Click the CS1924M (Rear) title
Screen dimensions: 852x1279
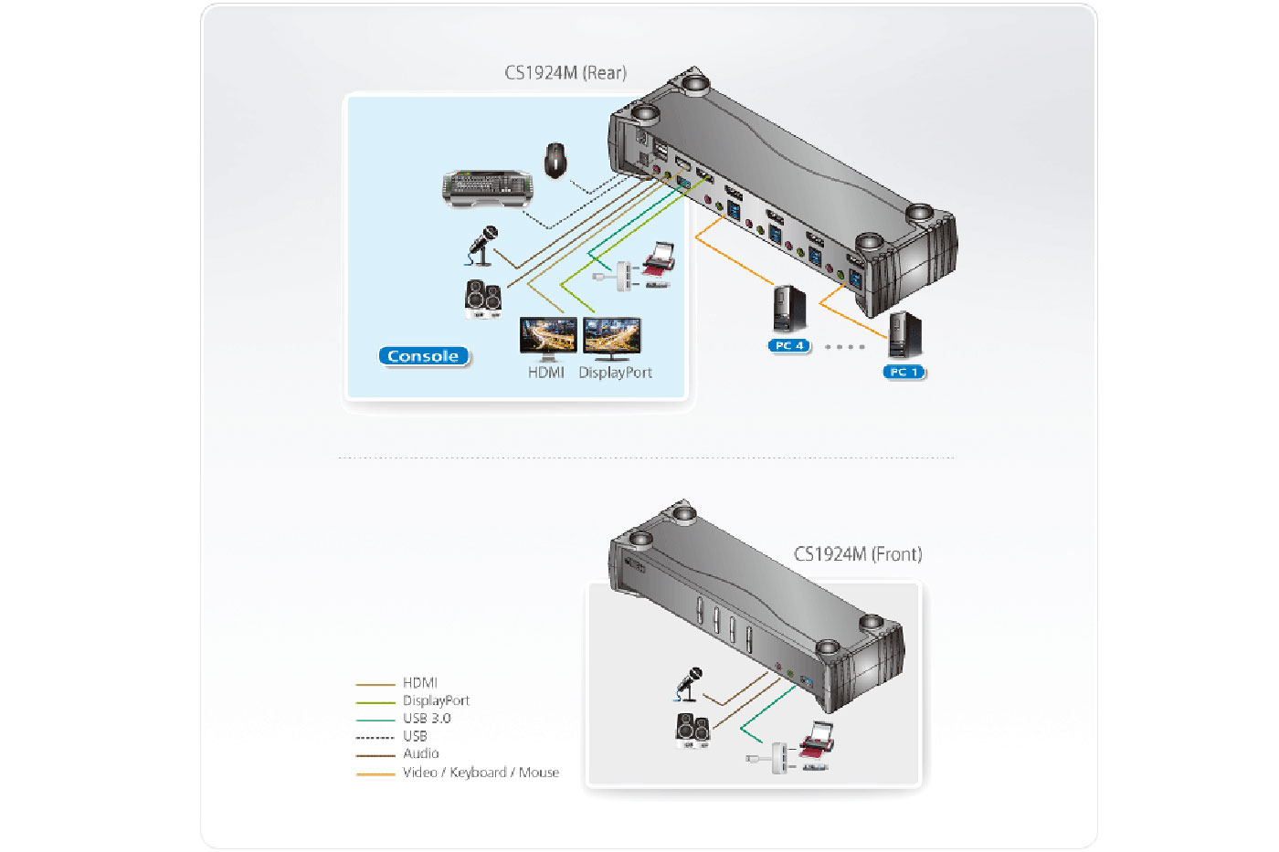click(566, 73)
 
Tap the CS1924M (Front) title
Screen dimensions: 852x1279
click(857, 554)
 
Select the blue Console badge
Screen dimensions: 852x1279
click(423, 356)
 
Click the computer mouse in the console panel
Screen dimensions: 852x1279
click(555, 160)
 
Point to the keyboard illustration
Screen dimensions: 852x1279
click(487, 187)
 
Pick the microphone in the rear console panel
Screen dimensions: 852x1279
click(482, 246)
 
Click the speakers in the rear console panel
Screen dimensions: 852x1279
click(482, 299)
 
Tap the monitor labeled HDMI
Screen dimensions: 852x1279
click(547, 338)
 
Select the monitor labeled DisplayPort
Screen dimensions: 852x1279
click(612, 338)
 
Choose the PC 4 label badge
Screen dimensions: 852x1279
click(789, 346)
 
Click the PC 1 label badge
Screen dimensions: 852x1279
click(904, 372)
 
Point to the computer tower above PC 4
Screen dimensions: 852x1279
click(789, 309)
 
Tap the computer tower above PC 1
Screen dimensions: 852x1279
click(904, 335)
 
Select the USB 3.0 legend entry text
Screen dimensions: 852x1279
click(427, 719)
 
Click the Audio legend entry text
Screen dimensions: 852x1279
click(421, 754)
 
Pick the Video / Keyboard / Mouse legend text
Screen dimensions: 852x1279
click(481, 773)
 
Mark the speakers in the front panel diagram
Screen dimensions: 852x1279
click(692, 731)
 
